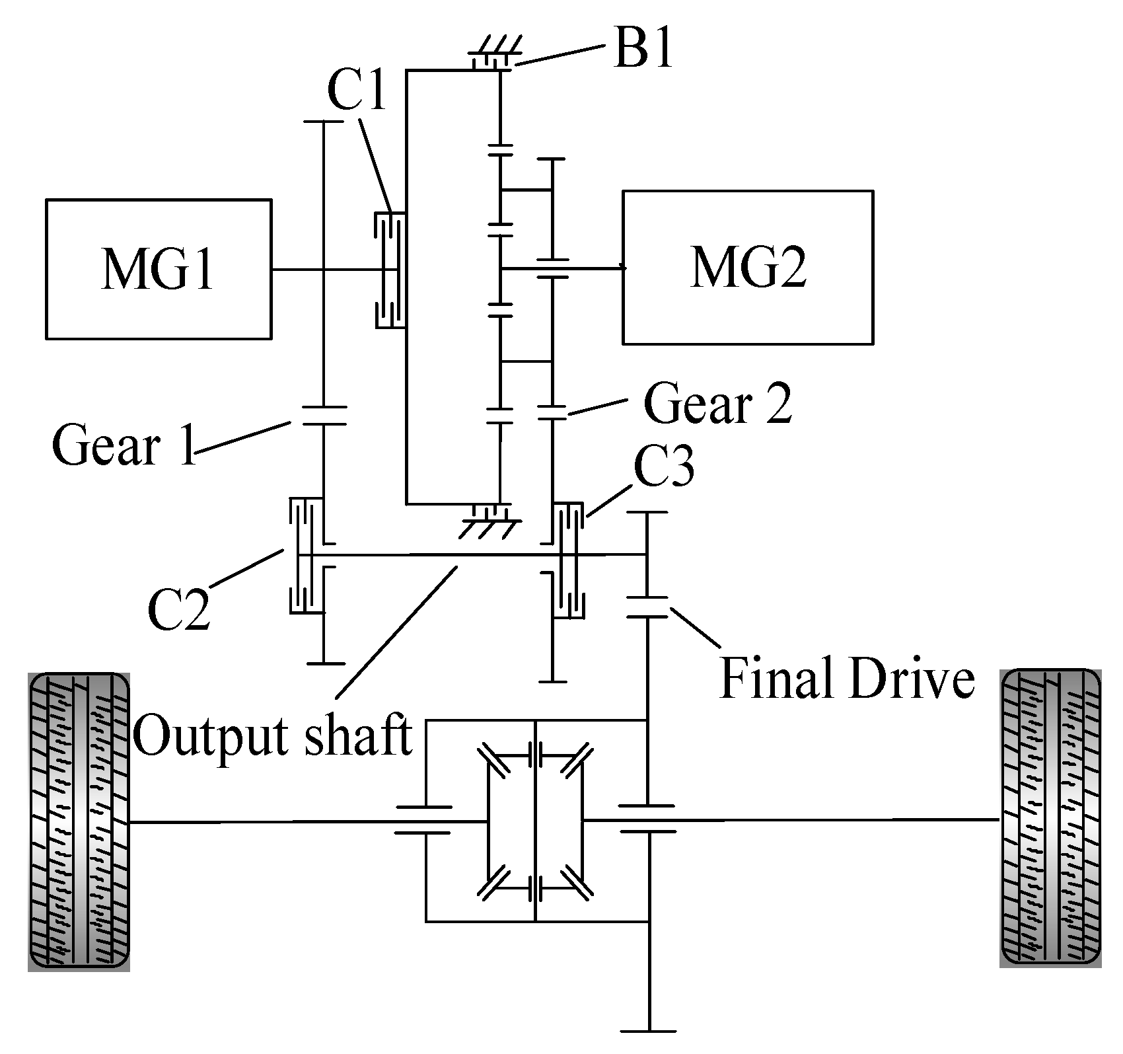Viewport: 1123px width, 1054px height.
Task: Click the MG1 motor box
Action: [159, 269]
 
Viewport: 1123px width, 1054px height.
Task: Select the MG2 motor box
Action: [747, 267]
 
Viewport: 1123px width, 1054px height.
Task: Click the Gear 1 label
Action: [124, 445]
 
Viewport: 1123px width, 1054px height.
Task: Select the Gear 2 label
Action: [717, 404]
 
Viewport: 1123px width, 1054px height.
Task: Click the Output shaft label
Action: [273, 735]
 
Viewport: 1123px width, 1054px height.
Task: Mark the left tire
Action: [79, 821]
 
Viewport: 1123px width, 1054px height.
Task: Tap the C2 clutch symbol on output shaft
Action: [306, 556]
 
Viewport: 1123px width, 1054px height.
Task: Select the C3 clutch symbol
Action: [567, 560]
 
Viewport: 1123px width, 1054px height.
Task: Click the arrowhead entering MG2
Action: [622, 268]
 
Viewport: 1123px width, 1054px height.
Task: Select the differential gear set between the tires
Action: [535, 821]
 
